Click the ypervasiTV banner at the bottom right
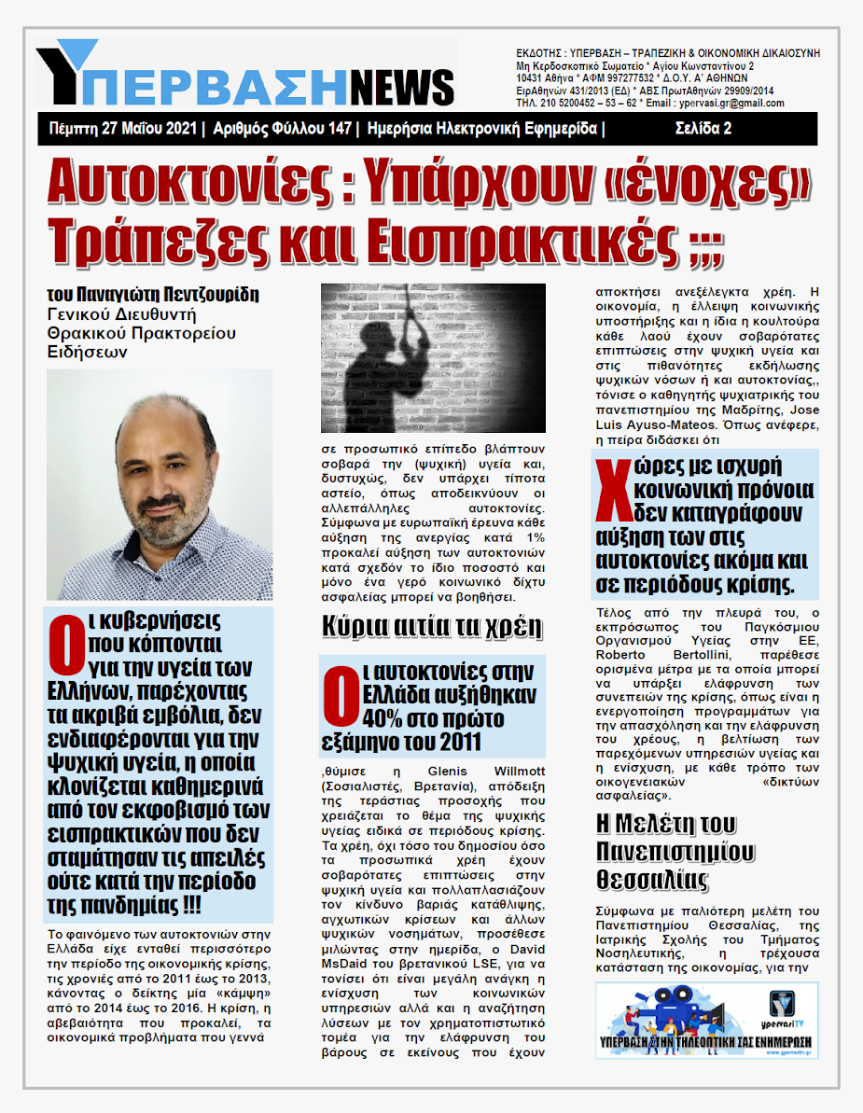pyautogui.click(x=706, y=1020)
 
